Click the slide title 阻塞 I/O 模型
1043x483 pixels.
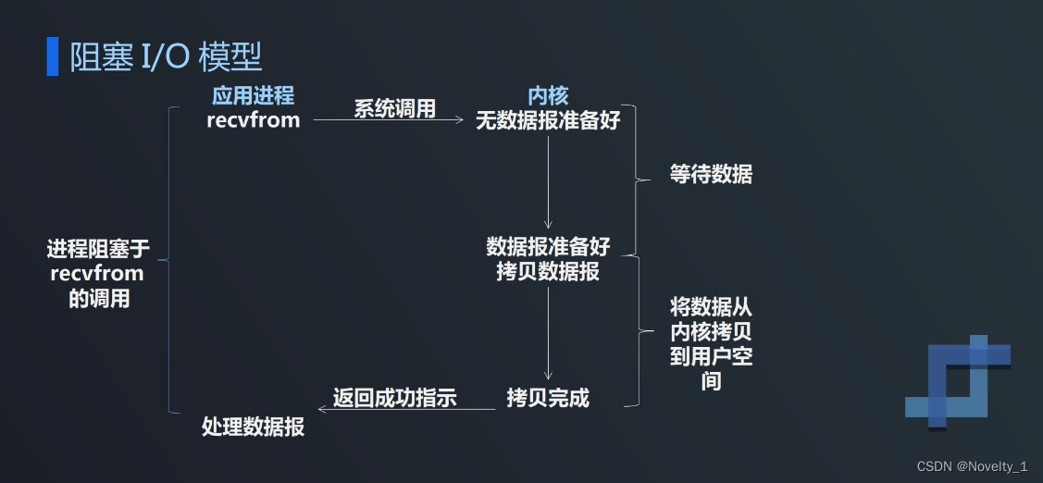pos(167,57)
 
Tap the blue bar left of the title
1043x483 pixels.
pos(52,57)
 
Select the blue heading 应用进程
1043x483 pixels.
pos(253,95)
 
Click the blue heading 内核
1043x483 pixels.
pos(548,95)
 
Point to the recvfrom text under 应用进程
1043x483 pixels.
pos(254,119)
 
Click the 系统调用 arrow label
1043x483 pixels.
pos(394,108)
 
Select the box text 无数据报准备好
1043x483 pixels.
pos(548,120)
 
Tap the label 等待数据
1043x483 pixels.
pos(711,174)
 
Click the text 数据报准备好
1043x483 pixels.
pos(548,247)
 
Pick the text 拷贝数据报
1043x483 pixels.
pos(548,271)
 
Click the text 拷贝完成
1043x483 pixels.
pos(548,398)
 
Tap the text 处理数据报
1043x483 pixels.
pos(253,427)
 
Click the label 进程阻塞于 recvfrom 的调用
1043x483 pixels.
pos(97,273)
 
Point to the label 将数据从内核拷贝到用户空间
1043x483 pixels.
pos(711,342)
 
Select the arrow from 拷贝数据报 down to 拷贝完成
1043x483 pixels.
pos(548,333)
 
